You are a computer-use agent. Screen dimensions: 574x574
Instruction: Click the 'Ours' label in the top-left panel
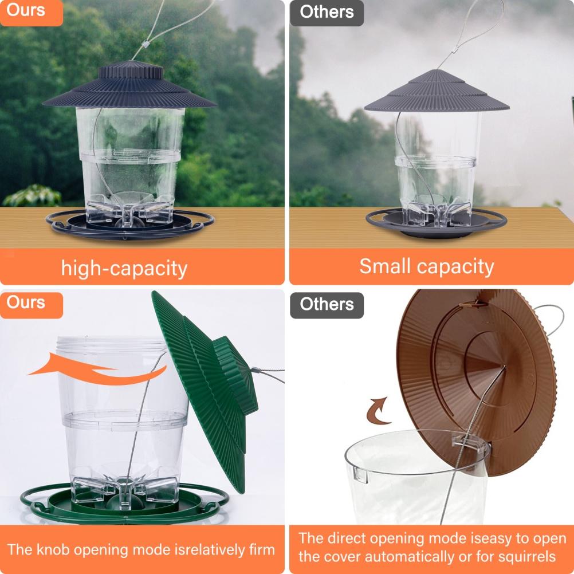click(26, 10)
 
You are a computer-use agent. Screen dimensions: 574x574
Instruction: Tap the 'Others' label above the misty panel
click(327, 11)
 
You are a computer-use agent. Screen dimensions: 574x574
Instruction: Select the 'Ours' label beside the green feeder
click(26, 302)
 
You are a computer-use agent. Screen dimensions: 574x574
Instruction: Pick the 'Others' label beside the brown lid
click(327, 304)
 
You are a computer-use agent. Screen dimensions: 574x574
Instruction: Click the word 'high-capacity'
click(124, 268)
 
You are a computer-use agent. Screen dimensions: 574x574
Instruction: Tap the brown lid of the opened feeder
click(475, 367)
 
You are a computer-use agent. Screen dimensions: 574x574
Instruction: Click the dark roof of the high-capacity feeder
click(128, 89)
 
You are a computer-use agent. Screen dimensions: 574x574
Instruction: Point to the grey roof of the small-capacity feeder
click(437, 95)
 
